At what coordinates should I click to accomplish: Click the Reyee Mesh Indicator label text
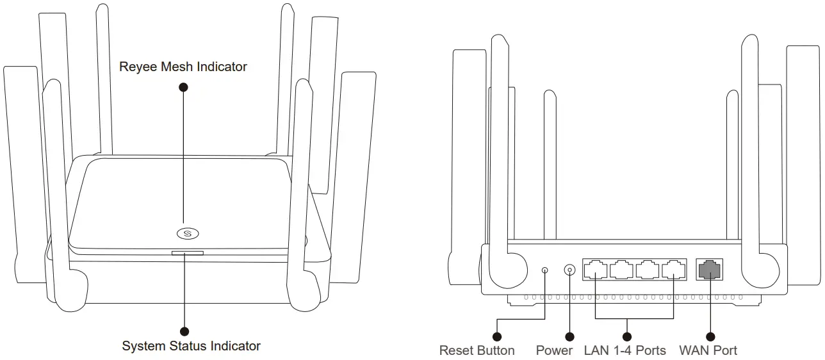pos(183,67)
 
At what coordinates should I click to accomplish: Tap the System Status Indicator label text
pos(191,347)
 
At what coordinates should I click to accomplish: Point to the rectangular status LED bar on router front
pos(187,253)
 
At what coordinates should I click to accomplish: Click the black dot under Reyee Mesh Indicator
pos(184,86)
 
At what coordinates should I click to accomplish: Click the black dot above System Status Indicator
pos(185,331)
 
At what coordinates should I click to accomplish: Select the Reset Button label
pos(477,350)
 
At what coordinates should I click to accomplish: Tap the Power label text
pos(554,350)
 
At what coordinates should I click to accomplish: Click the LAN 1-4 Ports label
pos(625,350)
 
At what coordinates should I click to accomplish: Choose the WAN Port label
pos(708,350)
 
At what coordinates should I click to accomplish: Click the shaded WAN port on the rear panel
pos(709,270)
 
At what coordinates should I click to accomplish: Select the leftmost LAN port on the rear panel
pos(596,270)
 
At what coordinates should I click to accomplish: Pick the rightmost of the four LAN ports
pos(673,270)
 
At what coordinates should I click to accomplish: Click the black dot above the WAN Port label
pos(709,336)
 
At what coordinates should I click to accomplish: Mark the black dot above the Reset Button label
pos(496,336)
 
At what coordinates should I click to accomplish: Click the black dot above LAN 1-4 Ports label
pos(627,336)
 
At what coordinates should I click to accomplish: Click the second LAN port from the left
pos(621,270)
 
